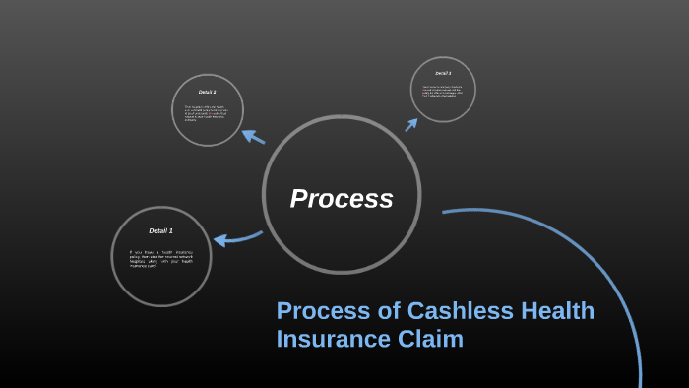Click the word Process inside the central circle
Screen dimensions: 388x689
click(342, 199)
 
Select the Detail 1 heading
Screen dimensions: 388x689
click(160, 230)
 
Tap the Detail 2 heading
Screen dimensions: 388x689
click(207, 92)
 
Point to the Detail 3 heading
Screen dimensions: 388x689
click(443, 73)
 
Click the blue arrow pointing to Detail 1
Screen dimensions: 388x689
click(235, 239)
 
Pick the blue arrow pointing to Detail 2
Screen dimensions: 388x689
click(253, 137)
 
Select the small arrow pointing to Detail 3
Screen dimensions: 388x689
click(411, 124)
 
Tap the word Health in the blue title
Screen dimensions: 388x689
click(558, 311)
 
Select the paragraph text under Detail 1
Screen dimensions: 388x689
click(160, 259)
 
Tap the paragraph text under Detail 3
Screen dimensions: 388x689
click(443, 92)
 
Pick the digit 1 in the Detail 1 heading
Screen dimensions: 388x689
click(170, 230)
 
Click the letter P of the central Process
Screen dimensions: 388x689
click(299, 199)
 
